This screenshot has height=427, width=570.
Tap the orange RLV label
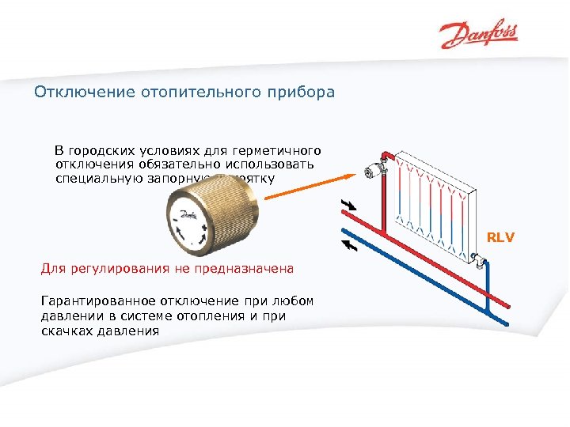click(x=500, y=236)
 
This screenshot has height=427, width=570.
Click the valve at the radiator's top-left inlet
click(x=376, y=169)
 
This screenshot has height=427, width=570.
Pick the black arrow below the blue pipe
click(x=348, y=244)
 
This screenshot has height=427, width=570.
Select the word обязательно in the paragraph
click(x=169, y=164)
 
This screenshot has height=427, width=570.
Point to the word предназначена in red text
click(x=249, y=269)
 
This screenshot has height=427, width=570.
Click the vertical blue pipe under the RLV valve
click(x=488, y=293)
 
